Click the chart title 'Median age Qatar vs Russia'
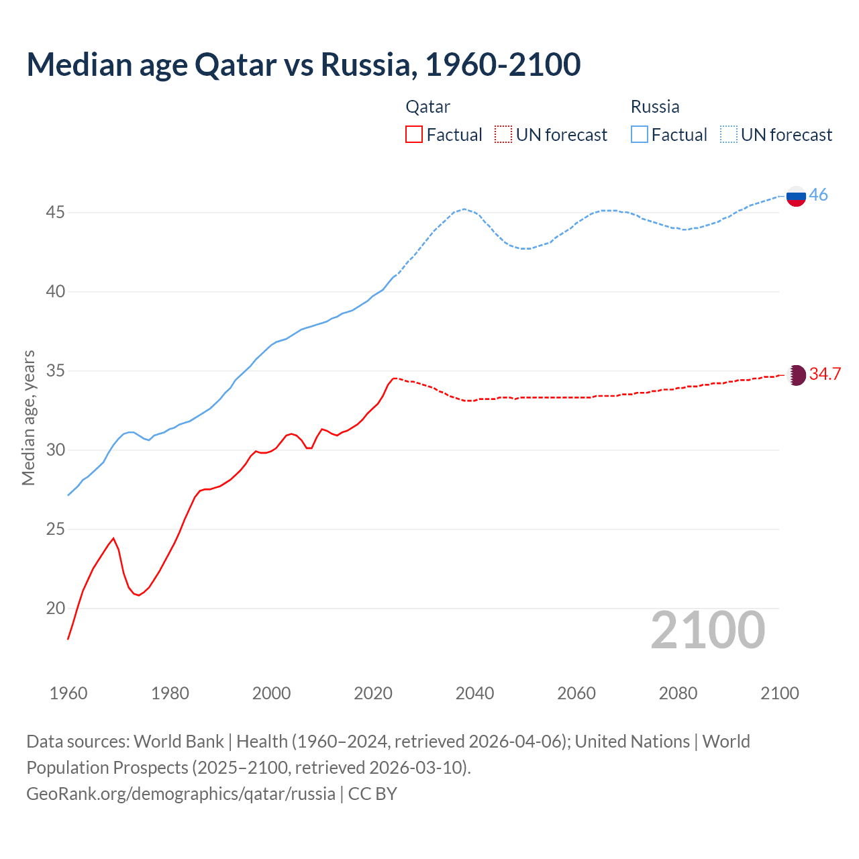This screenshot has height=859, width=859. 303,64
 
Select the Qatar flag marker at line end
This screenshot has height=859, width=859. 796,374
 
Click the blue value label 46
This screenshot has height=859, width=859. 818,195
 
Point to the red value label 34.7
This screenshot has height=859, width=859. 825,374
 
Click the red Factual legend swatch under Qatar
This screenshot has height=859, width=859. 414,135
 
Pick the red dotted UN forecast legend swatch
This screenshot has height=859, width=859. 503,135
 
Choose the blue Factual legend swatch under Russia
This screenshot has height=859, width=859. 640,135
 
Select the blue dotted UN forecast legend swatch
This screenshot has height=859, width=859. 728,135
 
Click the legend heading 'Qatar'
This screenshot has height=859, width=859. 427,107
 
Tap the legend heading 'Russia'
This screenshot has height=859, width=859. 655,107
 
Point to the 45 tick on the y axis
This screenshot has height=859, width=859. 55,213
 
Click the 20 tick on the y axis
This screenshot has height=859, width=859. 55,609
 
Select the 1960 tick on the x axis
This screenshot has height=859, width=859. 68,693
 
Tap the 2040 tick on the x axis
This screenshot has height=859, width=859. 474,693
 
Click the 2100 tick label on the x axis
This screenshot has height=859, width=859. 779,693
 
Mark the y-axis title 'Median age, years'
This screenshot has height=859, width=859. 28,417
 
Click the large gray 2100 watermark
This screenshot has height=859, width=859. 707,629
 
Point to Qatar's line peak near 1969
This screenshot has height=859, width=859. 113,538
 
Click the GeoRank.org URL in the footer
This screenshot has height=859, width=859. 181,794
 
